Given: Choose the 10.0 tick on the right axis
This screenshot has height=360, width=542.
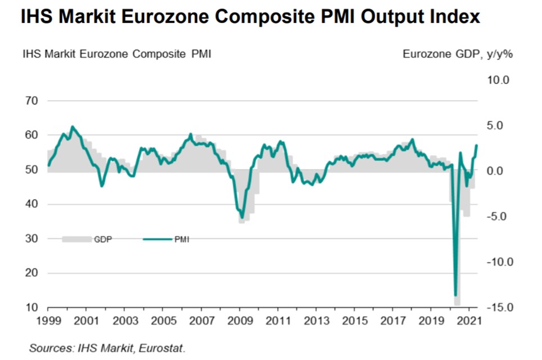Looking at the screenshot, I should click(498, 80).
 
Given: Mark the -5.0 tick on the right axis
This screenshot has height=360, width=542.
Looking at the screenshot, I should click(498, 217).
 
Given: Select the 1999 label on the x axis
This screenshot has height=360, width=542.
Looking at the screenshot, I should click(47, 321).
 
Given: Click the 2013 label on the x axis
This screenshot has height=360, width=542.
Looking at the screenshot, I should click(315, 321).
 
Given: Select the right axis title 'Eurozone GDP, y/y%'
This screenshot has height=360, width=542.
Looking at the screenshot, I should click(458, 55).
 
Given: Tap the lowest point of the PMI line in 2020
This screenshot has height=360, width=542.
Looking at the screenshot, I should click(455, 295).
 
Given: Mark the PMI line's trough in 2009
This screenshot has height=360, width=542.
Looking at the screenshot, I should click(242, 218).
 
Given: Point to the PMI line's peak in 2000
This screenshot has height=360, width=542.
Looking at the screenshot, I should click(72, 127).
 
